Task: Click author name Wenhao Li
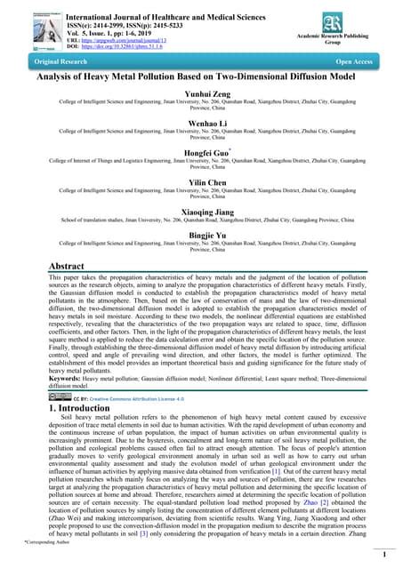tap(201, 124)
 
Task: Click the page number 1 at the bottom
tap(383, 553)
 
